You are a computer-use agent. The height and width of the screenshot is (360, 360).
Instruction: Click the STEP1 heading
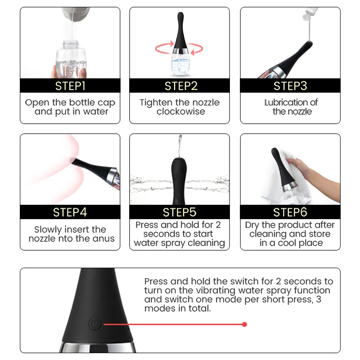pos(70,86)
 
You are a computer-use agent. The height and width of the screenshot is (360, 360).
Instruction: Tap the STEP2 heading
pos(181,86)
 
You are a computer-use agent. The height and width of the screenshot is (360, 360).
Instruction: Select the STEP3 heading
pos(290,86)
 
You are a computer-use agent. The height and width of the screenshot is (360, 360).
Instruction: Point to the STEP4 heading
pos(70,212)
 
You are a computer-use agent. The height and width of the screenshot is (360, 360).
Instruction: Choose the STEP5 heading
pos(180,212)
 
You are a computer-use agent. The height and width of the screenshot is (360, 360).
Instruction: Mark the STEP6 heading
pos(290,212)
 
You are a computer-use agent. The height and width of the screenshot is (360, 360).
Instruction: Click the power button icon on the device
pos(95,324)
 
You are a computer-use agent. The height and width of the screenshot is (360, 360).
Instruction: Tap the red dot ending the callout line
pos(244,324)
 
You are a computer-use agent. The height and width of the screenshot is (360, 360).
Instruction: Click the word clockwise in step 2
pos(181,112)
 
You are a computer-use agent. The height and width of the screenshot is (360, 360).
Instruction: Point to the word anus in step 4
pos(103,239)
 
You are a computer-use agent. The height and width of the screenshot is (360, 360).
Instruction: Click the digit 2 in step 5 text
pos(218,225)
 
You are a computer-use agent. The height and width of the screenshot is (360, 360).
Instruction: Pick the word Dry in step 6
pos(252,225)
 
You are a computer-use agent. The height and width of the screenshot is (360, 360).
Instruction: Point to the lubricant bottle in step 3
pos(310,13)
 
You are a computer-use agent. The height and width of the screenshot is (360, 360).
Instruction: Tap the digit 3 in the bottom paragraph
pos(319,299)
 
